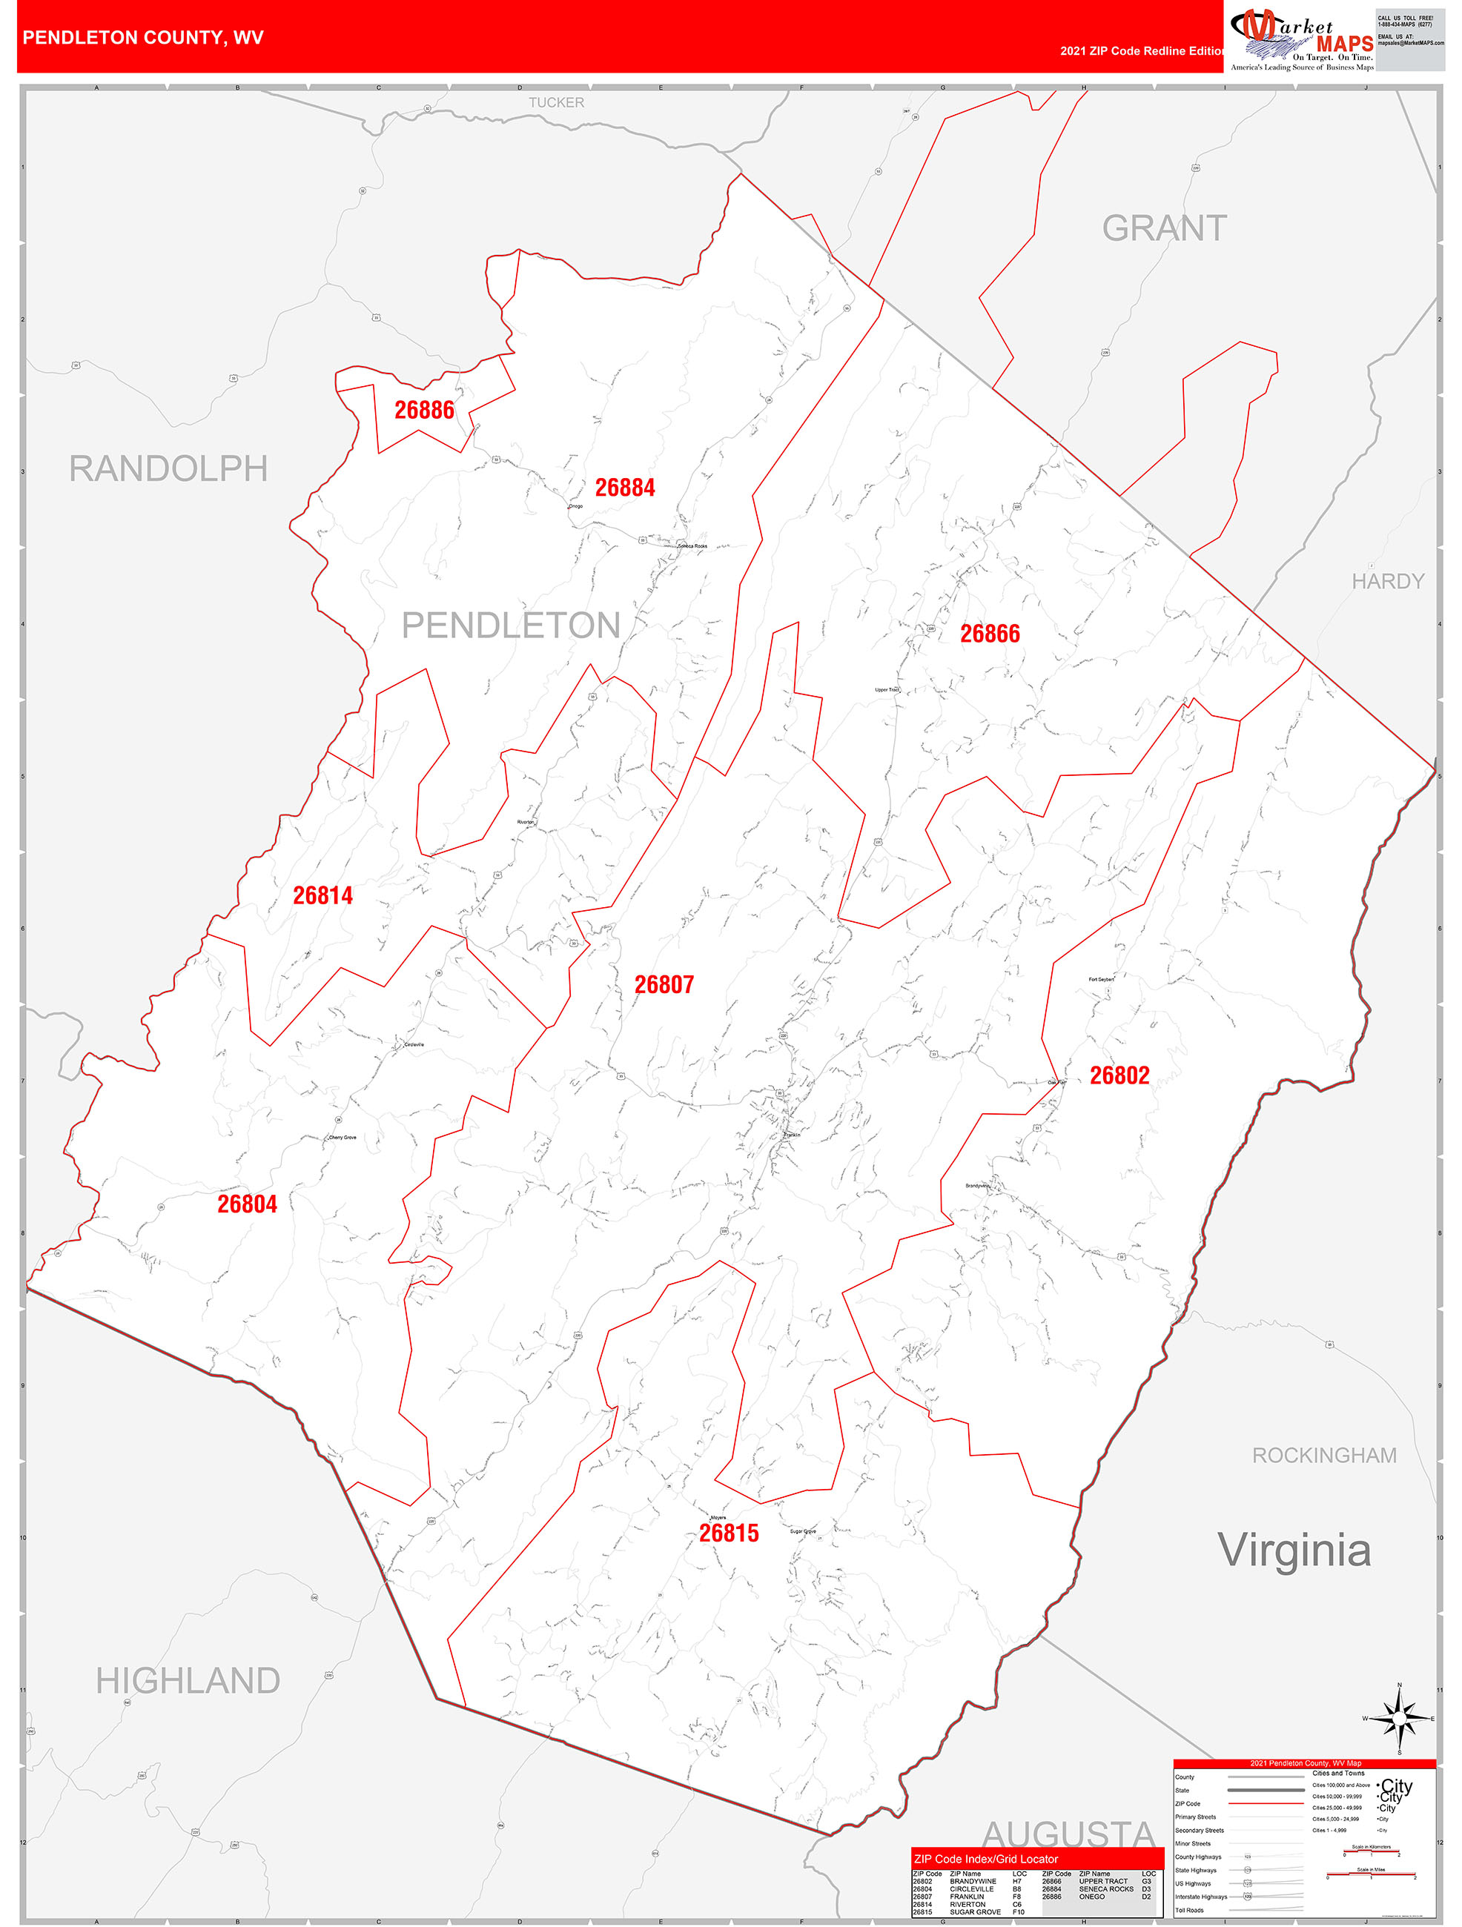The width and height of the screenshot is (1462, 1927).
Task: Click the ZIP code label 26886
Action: pos(424,411)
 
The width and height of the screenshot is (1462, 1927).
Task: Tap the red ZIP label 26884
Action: pos(625,488)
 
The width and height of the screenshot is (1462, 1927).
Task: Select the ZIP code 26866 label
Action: pos(990,634)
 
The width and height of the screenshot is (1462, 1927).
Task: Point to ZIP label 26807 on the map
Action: pos(664,985)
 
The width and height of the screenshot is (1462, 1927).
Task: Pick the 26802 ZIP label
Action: pos(1119,1076)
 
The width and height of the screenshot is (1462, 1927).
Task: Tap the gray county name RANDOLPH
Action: pos(168,468)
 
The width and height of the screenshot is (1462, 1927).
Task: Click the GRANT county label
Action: pos(1164,228)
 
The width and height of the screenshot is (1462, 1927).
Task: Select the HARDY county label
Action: pos(1387,581)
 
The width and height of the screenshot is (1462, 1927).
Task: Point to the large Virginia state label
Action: pos(1294,1550)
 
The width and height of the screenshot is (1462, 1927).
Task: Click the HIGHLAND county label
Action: pos(188,1680)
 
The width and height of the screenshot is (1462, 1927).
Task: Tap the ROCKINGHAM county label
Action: pos(1323,1456)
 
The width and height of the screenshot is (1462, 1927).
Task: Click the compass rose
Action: pos(1399,1718)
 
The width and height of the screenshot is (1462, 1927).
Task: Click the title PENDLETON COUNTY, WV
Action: pos(143,38)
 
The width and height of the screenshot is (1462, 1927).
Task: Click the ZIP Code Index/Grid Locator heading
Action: pos(985,1859)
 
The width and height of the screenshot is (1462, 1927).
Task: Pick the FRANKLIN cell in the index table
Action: pos(966,1897)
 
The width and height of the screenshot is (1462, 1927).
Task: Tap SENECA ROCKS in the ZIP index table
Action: pos(1105,1888)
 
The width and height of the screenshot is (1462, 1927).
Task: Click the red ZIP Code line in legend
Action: pos(1265,1803)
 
